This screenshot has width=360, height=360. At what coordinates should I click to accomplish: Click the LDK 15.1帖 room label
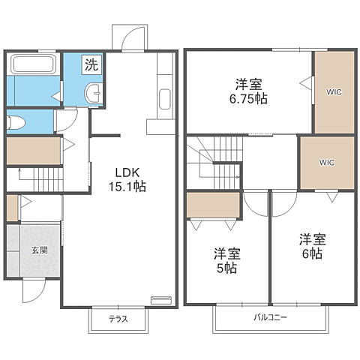(127, 179)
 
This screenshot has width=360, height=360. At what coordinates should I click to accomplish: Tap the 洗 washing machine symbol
(91, 64)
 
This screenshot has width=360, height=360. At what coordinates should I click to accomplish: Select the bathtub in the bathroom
(34, 64)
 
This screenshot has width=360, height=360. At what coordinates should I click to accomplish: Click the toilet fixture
(16, 122)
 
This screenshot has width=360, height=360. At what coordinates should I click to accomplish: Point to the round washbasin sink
(93, 93)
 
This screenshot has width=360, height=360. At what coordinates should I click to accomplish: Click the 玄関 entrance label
(40, 250)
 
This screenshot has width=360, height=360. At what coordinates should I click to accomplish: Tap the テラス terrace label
(118, 319)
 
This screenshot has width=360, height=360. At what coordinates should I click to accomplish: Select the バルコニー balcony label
(271, 317)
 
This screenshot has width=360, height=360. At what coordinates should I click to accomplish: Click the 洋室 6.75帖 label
(248, 91)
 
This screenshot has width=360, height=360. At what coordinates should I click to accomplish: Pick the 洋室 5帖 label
(226, 260)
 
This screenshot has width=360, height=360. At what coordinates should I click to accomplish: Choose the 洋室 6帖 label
(313, 246)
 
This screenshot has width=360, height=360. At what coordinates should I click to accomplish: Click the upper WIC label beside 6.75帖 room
(334, 92)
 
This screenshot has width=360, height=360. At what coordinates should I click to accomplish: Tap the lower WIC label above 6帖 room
(327, 163)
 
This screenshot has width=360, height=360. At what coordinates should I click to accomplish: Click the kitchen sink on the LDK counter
(165, 99)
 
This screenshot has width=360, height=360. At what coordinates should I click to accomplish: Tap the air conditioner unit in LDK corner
(161, 300)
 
